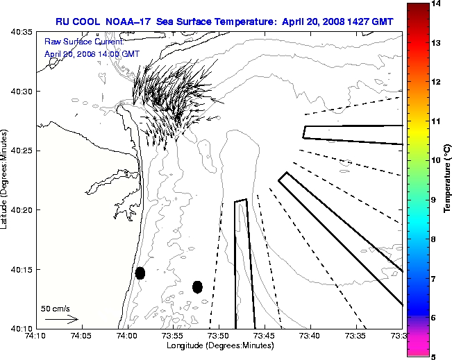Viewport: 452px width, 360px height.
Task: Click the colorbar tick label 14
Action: pyautogui.click(x=437, y=4)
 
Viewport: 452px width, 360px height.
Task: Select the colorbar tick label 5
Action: pyautogui.click(x=434, y=357)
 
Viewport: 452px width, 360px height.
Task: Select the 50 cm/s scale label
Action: pyautogui.click(x=56, y=309)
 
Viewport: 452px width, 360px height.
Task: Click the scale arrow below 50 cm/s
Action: pyautogui.click(x=61, y=319)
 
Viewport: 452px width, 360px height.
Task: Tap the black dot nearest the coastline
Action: pyautogui.click(x=140, y=273)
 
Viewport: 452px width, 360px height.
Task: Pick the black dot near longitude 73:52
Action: pyautogui.click(x=197, y=286)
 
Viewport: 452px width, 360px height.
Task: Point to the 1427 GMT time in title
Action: pyautogui.click(x=371, y=22)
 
